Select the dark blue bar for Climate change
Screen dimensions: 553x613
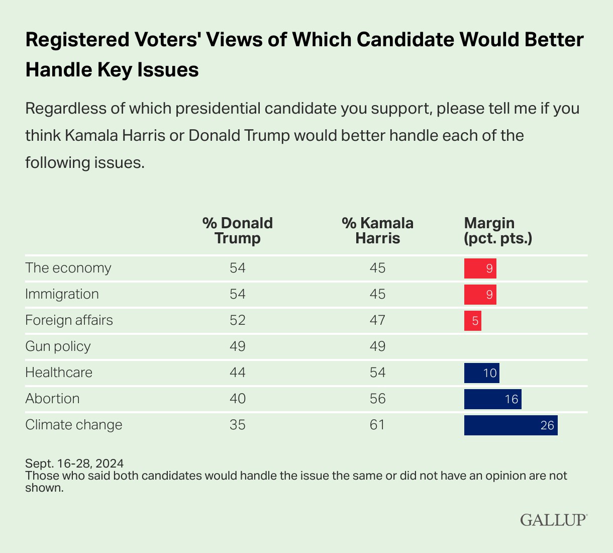(x=510, y=425)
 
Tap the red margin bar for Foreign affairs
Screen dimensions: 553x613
(x=472, y=321)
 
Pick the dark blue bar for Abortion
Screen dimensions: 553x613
(x=492, y=399)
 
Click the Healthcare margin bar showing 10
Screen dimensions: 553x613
(x=481, y=373)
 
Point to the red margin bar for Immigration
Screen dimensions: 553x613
(x=480, y=295)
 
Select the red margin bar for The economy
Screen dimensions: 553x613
(x=480, y=268)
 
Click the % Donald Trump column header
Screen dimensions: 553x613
(x=238, y=230)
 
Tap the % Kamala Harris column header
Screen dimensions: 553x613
(x=377, y=230)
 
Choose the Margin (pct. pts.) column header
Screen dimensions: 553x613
(x=497, y=230)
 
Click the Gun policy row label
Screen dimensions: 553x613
(x=58, y=346)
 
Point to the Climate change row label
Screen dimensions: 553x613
(x=74, y=425)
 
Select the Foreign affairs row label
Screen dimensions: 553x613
(x=69, y=320)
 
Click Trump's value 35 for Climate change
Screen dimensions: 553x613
(x=238, y=425)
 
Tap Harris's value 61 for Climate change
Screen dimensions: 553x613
(x=377, y=425)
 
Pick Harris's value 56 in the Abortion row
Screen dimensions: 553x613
(x=377, y=399)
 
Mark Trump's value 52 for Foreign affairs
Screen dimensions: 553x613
(x=238, y=320)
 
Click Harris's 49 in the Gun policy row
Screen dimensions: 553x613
(x=377, y=346)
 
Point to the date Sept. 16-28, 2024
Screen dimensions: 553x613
(x=74, y=463)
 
